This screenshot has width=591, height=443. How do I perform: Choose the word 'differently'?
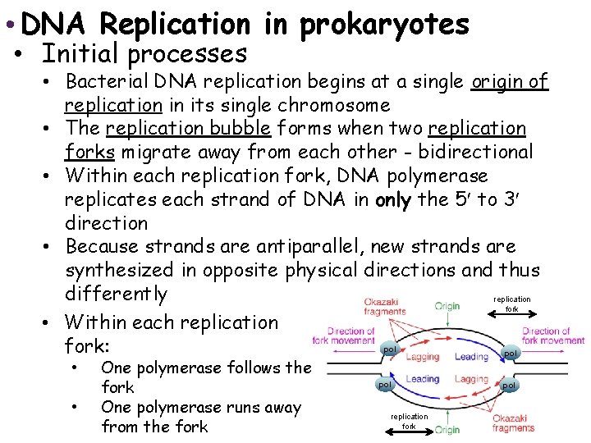click(116, 293)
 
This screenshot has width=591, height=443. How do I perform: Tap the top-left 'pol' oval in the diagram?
click(390, 349)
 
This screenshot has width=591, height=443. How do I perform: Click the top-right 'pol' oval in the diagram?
click(511, 353)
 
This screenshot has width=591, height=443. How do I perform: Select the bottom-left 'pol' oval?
click(384, 384)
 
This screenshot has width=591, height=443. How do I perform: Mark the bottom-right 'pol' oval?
click(510, 385)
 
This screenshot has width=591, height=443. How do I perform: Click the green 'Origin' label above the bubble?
click(447, 306)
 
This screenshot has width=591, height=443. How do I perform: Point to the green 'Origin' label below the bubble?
click(447, 429)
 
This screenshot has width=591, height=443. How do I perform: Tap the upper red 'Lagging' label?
click(423, 357)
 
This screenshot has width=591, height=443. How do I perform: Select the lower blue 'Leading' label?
click(423, 379)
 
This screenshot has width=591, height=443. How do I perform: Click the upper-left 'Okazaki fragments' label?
click(384, 307)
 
